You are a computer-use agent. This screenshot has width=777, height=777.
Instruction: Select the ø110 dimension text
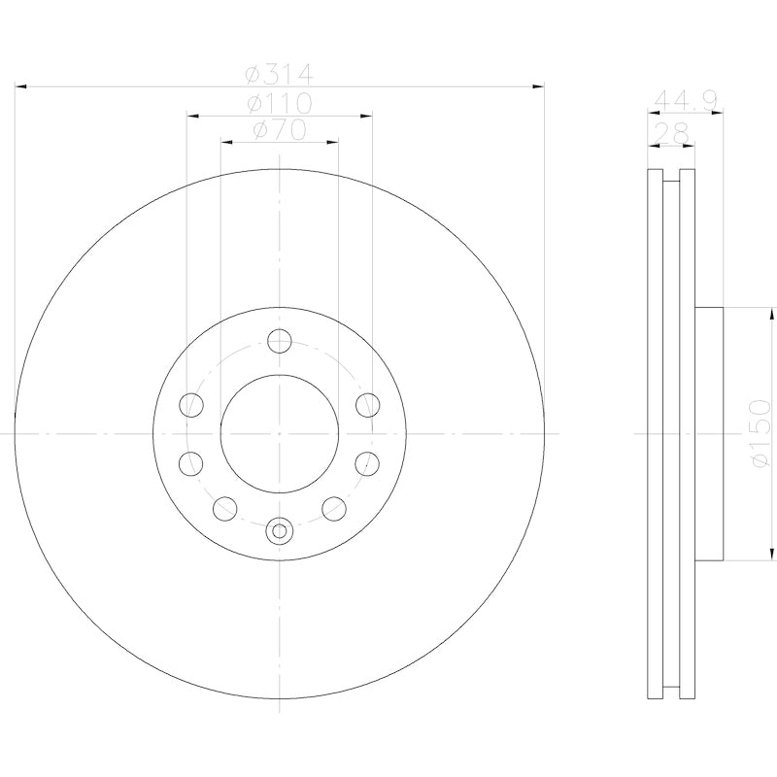[279, 103]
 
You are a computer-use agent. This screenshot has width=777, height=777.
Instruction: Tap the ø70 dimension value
[279, 129]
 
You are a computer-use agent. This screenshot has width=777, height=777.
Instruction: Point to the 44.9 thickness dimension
[685, 100]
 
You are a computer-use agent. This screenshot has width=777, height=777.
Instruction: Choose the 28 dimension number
[671, 130]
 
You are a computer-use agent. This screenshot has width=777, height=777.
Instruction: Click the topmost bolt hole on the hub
[280, 341]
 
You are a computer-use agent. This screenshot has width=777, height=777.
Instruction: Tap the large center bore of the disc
[280, 432]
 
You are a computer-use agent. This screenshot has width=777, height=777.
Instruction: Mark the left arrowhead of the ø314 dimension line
[22, 87]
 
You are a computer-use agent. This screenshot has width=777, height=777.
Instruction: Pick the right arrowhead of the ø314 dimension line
[537, 87]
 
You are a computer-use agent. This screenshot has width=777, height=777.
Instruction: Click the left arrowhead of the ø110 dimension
[192, 116]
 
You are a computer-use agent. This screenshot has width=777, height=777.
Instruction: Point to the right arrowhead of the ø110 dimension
[366, 116]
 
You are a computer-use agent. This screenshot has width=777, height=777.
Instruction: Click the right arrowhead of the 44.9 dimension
[719, 115]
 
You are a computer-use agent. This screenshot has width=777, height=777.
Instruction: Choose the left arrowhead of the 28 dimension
[653, 145]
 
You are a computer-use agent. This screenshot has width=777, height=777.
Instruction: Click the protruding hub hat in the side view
[710, 433]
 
